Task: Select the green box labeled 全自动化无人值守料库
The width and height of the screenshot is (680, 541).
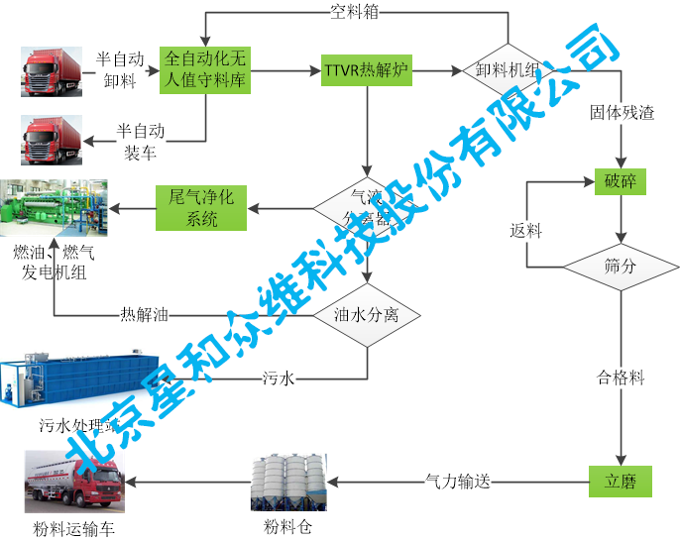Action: pos(206,71)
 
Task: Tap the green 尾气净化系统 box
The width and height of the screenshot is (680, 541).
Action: pos(201,208)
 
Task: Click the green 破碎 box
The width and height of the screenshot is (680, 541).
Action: pos(621,181)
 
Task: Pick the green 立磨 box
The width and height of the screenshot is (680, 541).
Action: pos(621,483)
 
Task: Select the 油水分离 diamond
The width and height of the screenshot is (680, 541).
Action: pos(368,315)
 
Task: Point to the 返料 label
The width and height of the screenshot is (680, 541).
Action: pos(526,230)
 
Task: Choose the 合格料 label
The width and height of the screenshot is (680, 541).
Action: pos(621,378)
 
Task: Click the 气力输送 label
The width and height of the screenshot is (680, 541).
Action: pos(458,483)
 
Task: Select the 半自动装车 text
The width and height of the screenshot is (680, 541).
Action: pos(140,141)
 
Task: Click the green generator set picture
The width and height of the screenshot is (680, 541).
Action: pos(54,210)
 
